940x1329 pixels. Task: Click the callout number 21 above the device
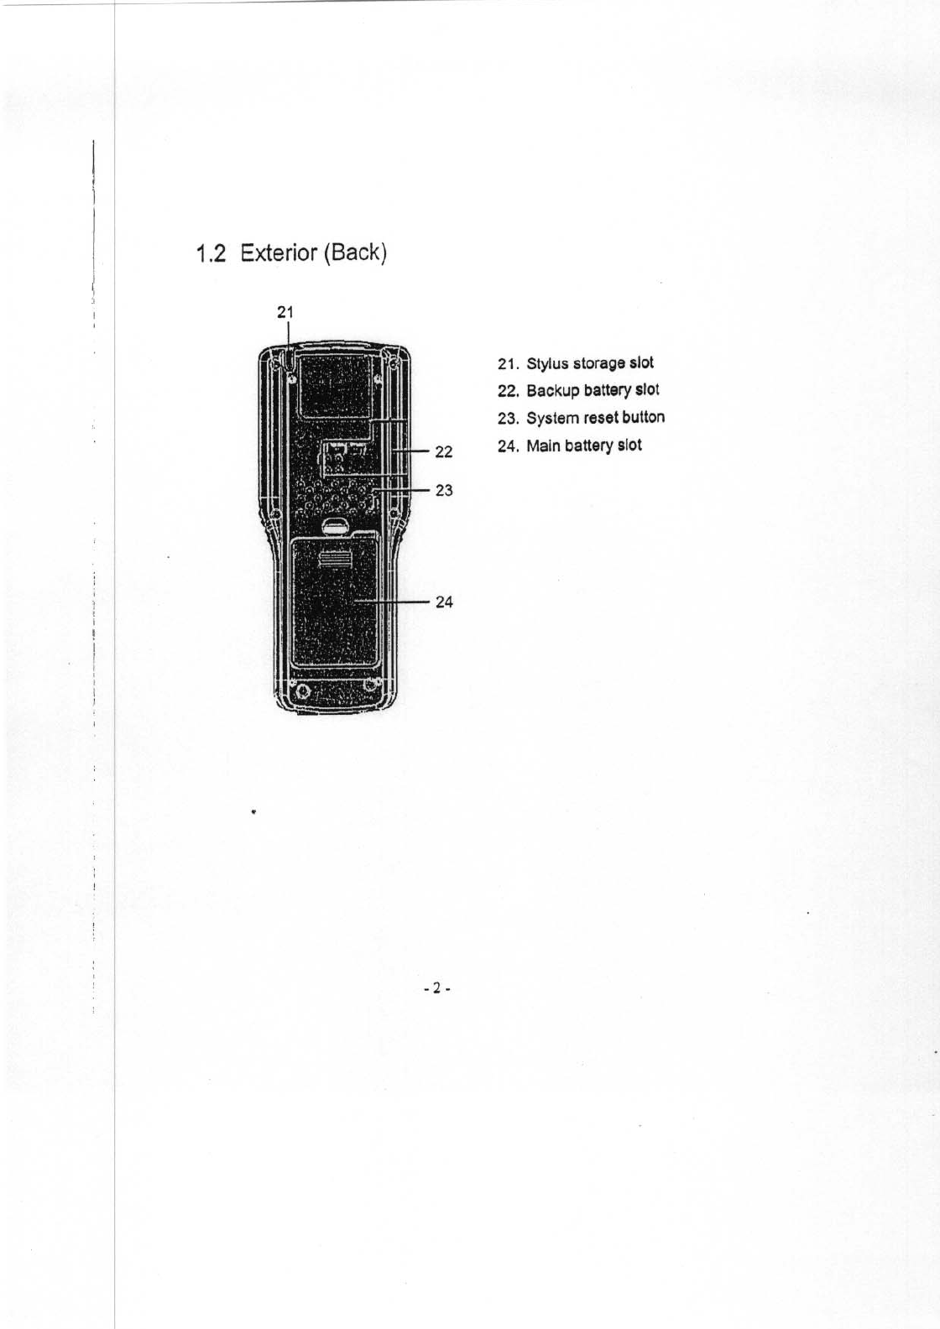[286, 312]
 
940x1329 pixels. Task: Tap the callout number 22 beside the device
[444, 453]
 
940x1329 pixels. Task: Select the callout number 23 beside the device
[444, 490]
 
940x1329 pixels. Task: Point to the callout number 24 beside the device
[444, 602]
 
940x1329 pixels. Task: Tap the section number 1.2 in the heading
[210, 253]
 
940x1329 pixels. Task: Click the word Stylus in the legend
[543, 364]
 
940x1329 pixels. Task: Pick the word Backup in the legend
[551, 391]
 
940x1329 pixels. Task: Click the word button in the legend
[643, 417]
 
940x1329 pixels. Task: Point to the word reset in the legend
[600, 418]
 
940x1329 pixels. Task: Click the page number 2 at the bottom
[436, 988]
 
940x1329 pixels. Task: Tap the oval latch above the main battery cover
[335, 526]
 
